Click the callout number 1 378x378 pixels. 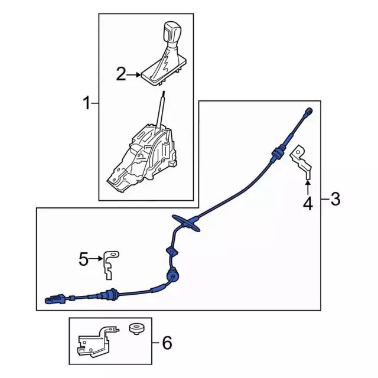[86, 106]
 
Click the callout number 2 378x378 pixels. [121, 74]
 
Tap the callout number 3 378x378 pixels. [335, 200]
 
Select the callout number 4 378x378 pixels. [308, 204]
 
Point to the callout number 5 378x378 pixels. [84, 258]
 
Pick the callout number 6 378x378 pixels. [167, 342]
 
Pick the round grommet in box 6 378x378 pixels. [136, 327]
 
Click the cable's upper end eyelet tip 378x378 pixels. [309, 112]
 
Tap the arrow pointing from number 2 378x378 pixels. [135, 75]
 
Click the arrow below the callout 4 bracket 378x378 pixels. [308, 188]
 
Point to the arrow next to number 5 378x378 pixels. [97, 258]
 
